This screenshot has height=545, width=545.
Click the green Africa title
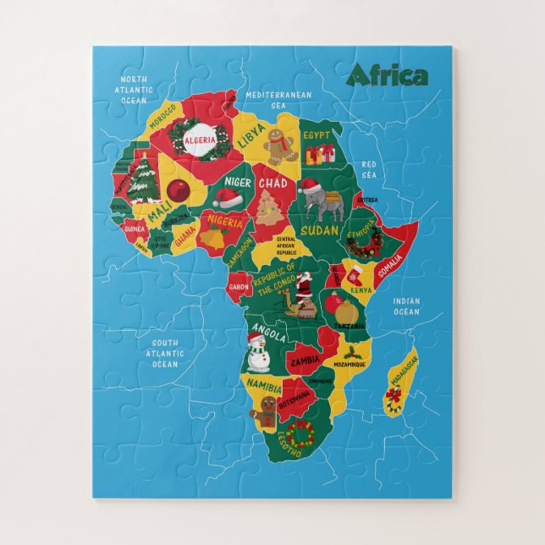click(x=387, y=75)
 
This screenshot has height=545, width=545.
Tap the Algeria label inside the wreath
click(x=200, y=139)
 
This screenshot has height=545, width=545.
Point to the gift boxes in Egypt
click(x=320, y=153)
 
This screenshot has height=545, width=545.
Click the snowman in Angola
click(x=258, y=351)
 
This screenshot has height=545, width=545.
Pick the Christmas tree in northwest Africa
click(x=143, y=179)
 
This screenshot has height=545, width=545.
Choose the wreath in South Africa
click(x=298, y=432)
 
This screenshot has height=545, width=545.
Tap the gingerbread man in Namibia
click(x=267, y=411)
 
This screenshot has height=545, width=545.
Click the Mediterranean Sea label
click(x=278, y=101)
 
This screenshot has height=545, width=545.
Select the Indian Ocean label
click(x=405, y=306)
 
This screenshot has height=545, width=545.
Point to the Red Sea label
click(x=369, y=170)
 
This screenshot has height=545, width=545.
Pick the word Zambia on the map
click(x=306, y=360)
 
